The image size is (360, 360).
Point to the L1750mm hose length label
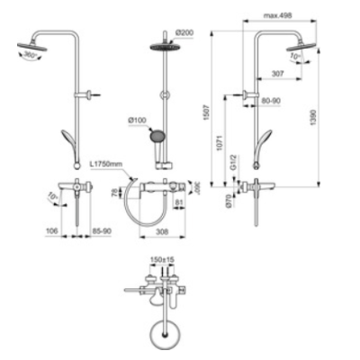(108, 165)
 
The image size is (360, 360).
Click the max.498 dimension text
(282, 15)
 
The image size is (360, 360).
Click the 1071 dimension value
(230, 142)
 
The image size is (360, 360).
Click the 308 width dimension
(161, 232)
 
